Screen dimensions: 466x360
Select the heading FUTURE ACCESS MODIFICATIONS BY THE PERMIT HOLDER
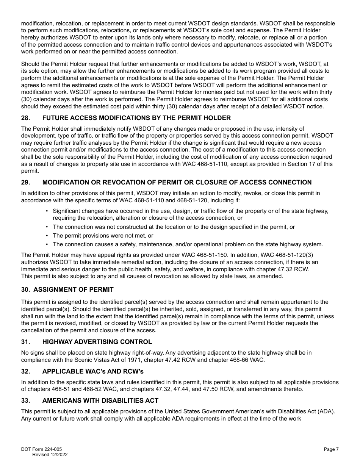[136, 118]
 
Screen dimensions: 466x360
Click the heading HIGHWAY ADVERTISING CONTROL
[97, 342]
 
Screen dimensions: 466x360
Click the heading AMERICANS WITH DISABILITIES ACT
[100, 401]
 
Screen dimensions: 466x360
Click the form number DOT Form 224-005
[41, 449]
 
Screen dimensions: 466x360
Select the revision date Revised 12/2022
[50, 455]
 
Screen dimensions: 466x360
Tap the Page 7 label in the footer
[331, 449]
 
